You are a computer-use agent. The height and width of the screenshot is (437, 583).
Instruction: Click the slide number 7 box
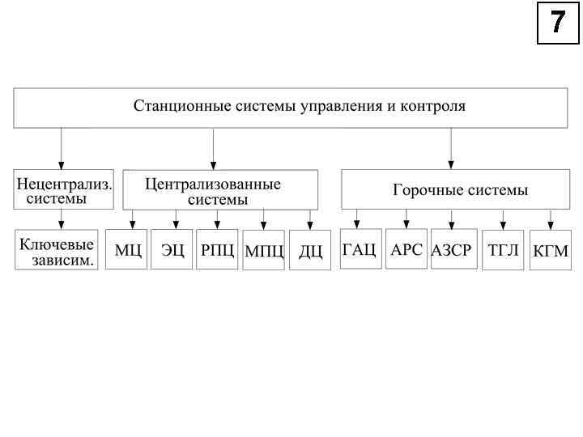coord(557,23)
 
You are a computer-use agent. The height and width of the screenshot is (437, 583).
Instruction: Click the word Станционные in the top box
coord(172,107)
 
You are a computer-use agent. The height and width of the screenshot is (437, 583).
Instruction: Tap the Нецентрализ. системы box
coord(63,190)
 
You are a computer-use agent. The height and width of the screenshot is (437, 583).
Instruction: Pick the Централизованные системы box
coord(219,191)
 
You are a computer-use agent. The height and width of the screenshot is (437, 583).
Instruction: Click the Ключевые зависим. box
coord(57,251)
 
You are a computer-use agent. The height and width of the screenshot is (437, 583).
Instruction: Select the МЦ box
coord(127,251)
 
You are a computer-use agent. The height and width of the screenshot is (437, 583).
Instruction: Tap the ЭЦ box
coord(172,251)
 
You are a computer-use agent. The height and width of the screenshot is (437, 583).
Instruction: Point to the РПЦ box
coord(217,251)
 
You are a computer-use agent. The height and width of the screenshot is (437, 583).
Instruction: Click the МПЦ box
coord(264,252)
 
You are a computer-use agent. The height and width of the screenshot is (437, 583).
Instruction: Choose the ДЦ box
coord(310,252)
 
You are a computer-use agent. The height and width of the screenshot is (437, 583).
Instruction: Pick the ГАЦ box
coord(359,249)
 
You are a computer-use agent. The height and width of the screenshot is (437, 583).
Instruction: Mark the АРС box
coord(406,249)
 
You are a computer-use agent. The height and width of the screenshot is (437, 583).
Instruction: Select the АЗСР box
coord(452,250)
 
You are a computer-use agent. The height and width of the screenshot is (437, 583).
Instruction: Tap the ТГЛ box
coord(503,250)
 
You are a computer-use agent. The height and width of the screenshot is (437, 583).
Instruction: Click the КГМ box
coord(551,251)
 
